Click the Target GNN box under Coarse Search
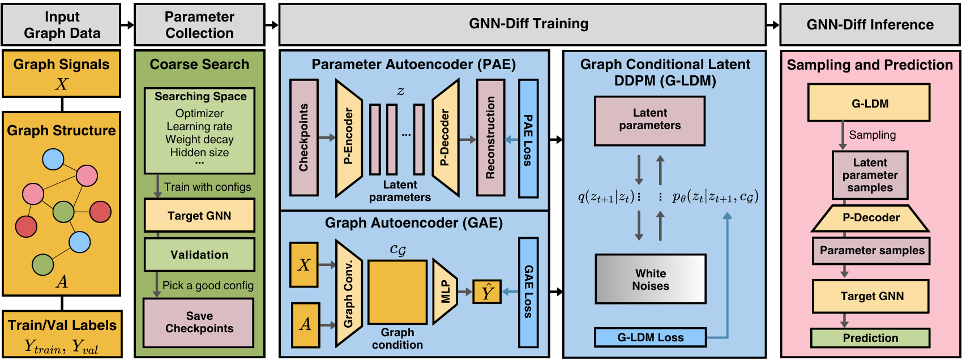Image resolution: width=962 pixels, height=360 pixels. point(199,215)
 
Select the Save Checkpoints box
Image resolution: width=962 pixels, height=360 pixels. point(199,322)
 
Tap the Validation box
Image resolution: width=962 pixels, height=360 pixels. point(199,255)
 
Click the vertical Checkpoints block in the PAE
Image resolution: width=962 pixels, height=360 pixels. point(304,138)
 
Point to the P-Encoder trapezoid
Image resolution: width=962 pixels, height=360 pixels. point(348,138)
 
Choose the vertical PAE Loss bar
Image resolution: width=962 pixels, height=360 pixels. point(528,139)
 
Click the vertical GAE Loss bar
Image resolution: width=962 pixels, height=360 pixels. point(528,292)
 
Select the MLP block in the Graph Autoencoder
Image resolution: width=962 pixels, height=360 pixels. point(444,292)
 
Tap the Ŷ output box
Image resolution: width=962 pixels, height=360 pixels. point(487,292)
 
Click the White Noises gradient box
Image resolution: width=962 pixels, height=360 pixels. point(650,280)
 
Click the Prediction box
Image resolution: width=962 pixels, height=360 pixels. point(870,338)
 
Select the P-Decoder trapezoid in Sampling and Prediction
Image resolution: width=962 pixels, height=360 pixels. point(870,218)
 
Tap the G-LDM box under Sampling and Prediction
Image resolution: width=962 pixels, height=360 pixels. point(869,103)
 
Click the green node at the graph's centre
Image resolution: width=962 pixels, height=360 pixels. point(63,212)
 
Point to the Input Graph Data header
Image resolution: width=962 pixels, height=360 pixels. point(62,25)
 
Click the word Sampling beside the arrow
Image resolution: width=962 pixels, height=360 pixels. point(872,135)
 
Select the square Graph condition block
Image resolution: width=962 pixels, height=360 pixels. point(397,292)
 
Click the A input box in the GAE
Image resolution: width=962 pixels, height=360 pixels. point(305,324)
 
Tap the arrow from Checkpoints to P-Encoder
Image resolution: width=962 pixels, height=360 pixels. point(327,138)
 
